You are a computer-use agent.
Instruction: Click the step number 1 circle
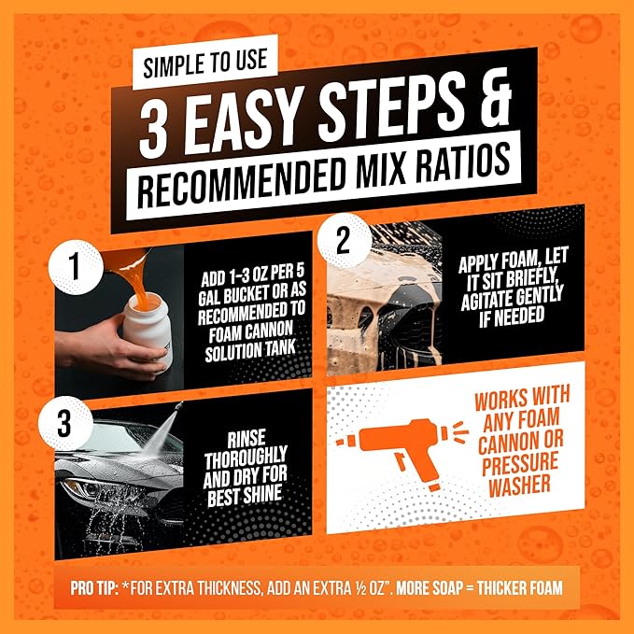(x=76, y=267)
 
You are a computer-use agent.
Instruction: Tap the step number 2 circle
(x=345, y=241)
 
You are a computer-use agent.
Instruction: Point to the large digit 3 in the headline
(x=155, y=130)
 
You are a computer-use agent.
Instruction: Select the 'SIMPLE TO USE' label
(x=205, y=63)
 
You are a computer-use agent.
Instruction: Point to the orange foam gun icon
(x=408, y=449)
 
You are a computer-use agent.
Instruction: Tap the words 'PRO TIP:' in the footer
(x=94, y=588)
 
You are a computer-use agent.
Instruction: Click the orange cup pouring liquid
(x=126, y=261)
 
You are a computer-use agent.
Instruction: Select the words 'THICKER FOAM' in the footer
(x=520, y=587)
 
